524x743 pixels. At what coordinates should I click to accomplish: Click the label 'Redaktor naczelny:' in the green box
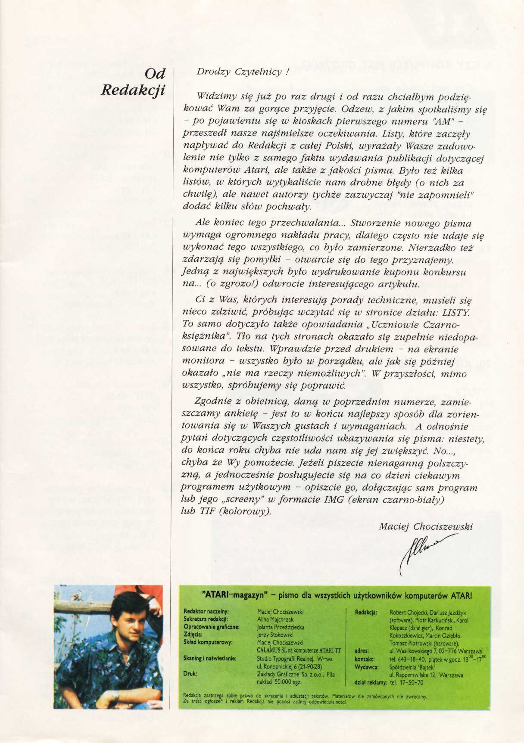[206, 611]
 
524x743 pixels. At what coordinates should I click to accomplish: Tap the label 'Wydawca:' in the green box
[366, 667]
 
